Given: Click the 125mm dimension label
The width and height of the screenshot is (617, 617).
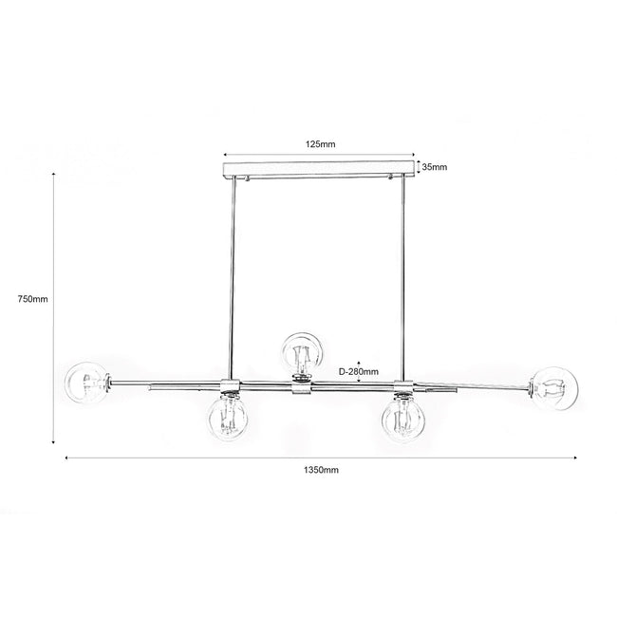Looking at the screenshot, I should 320,144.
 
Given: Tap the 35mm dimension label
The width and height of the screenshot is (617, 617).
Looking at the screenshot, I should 434,167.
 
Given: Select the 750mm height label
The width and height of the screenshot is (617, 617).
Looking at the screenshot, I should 32,299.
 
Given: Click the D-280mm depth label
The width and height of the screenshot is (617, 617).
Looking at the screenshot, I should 359,371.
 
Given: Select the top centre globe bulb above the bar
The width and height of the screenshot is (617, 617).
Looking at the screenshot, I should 303,354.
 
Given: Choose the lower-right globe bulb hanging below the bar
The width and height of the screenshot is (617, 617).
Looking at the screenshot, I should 402,418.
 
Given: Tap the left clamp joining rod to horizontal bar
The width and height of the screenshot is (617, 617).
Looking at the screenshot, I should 229,385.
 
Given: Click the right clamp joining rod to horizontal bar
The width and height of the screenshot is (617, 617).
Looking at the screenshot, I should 402,385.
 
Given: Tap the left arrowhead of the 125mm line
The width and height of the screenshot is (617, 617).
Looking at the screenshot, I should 225,155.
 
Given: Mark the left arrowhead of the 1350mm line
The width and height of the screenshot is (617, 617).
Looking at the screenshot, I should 66,458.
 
